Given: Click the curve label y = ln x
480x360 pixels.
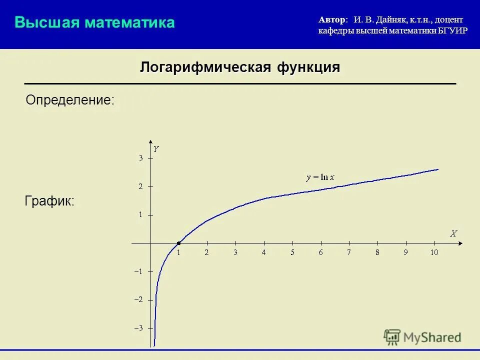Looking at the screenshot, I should (320, 177).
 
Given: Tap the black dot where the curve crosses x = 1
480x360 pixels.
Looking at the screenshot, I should (178, 243).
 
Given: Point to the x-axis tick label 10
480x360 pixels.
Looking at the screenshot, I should (434, 252).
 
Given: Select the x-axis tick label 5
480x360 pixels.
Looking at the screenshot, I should (292, 252).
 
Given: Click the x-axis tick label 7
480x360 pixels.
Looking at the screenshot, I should (349, 252).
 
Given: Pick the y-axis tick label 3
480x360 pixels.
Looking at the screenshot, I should (141, 158).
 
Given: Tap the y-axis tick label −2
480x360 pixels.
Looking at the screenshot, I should (138, 299).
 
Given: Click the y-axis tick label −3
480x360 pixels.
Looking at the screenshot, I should (138, 328).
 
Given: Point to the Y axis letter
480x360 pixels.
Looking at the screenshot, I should (156, 149).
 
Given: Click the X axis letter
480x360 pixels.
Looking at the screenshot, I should (453, 233).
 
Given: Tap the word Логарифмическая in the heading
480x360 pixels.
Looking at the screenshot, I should (205, 67).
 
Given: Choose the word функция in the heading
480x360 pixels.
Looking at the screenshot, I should (308, 67).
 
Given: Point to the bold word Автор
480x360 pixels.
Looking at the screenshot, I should (331, 19).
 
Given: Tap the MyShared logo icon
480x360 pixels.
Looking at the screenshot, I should (392, 337).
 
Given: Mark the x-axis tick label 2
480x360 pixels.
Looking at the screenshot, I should (206, 252).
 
